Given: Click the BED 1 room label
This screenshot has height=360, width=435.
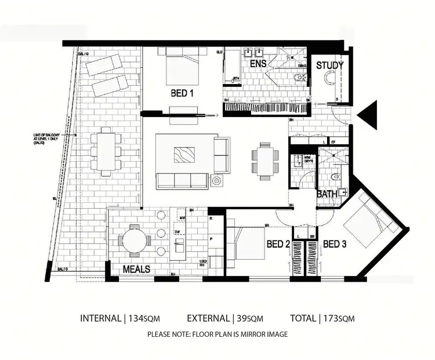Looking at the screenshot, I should pos(182,93).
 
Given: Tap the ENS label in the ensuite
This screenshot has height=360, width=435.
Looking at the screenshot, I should pos(258,64).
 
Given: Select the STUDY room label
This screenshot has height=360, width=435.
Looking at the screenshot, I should pos(329,66).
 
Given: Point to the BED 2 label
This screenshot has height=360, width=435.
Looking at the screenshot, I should pos(277,245).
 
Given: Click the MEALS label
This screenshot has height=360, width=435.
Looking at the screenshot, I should pos(136,270).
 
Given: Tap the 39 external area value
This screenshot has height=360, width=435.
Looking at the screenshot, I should pos(242,318).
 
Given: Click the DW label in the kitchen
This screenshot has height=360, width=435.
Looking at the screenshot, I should pos(177,232).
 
